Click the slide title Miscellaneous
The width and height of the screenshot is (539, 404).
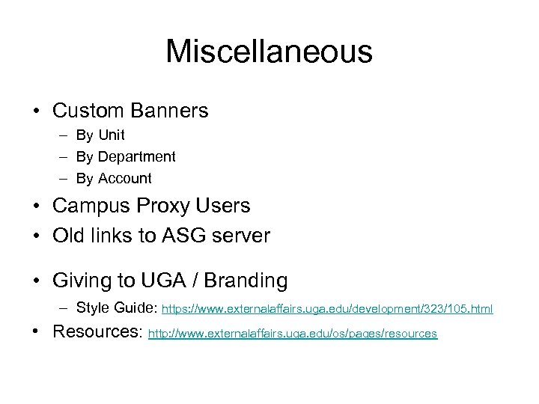(269, 52)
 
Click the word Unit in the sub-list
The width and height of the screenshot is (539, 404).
(111, 135)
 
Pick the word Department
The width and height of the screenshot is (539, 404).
(136, 157)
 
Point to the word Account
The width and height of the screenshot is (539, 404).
(124, 179)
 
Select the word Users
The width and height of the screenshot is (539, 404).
(240, 206)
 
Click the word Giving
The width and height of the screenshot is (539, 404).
(85, 281)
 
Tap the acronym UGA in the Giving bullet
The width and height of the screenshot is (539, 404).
(169, 281)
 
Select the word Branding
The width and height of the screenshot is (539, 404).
(246, 281)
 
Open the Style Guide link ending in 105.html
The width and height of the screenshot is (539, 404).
(327, 308)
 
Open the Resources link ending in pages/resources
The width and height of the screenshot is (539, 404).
(293, 334)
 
